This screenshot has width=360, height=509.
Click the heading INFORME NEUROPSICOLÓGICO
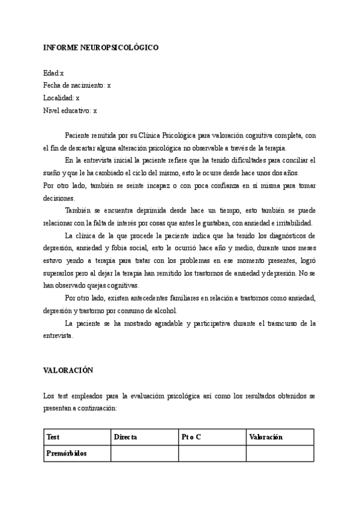pyautogui.click(x=100, y=47)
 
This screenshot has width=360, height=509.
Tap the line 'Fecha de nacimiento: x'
pyautogui.click(x=77, y=85)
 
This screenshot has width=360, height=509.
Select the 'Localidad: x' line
pyautogui.click(x=61, y=98)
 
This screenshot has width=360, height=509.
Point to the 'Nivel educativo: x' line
pyautogui.click(x=70, y=110)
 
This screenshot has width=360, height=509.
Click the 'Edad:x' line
pyautogui.click(x=53, y=73)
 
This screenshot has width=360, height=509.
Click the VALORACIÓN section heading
pyautogui.click(x=68, y=371)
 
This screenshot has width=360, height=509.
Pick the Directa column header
pyautogui.click(x=125, y=437)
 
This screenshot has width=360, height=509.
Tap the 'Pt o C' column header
pyautogui.click(x=191, y=437)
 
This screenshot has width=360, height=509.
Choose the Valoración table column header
pyautogui.click(x=265, y=437)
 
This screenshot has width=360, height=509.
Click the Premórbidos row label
pyautogui.click(x=67, y=453)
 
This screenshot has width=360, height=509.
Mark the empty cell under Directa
pyautogui.click(x=144, y=453)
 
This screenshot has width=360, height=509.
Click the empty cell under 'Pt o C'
pyautogui.click(x=212, y=453)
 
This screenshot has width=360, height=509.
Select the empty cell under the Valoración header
pyautogui.click(x=280, y=453)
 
